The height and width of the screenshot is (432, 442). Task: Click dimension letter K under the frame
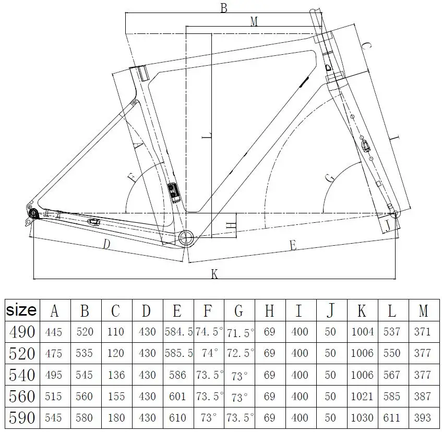214,273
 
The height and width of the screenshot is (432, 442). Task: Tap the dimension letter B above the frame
224,8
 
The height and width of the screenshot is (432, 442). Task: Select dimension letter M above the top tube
254,21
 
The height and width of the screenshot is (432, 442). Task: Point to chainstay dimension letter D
106,244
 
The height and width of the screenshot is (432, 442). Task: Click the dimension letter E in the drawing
293,245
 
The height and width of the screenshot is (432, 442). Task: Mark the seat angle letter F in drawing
132,177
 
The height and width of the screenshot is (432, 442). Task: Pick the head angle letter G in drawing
330,178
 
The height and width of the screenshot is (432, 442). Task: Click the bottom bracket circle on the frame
186,238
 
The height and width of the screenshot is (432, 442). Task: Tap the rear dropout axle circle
33,213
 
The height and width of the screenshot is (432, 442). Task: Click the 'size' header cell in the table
21,310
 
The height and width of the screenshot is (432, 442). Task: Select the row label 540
22,375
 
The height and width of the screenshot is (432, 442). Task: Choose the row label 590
22,417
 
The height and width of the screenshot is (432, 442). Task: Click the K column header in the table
362,310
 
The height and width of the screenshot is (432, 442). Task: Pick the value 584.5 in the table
178,332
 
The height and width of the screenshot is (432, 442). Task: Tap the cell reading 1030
362,417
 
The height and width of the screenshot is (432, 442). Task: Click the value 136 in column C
116,375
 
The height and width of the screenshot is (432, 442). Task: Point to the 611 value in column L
391,417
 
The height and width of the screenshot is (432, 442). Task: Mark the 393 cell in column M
422,417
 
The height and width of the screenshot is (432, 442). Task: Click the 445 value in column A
53,332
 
